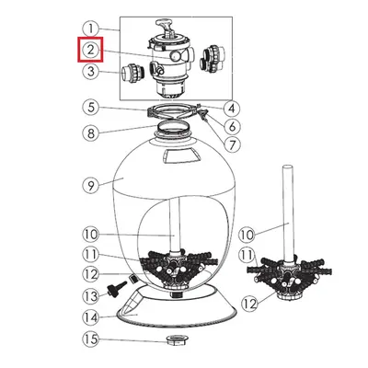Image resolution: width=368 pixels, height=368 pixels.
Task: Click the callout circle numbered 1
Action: (x=91, y=29)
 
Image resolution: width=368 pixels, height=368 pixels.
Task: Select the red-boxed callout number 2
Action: (x=91, y=50)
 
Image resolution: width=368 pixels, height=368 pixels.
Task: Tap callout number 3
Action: (x=91, y=72)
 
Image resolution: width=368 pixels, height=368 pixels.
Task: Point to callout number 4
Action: (x=232, y=108)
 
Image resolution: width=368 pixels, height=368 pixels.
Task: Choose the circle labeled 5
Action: (x=91, y=108)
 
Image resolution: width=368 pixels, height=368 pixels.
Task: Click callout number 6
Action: (x=232, y=126)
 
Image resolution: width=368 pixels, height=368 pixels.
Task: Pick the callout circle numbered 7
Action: (x=232, y=144)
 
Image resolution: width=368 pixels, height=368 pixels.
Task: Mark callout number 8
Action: (x=91, y=133)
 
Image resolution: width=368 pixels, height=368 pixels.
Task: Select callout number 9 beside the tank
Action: (x=91, y=186)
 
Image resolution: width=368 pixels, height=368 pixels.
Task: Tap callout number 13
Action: (x=91, y=296)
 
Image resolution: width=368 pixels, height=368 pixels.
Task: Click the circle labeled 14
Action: (x=91, y=317)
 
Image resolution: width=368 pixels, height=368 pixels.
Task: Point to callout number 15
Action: (x=91, y=339)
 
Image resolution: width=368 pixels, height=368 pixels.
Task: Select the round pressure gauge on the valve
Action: (x=176, y=55)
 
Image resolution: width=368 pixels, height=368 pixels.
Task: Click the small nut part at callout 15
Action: (x=177, y=339)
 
